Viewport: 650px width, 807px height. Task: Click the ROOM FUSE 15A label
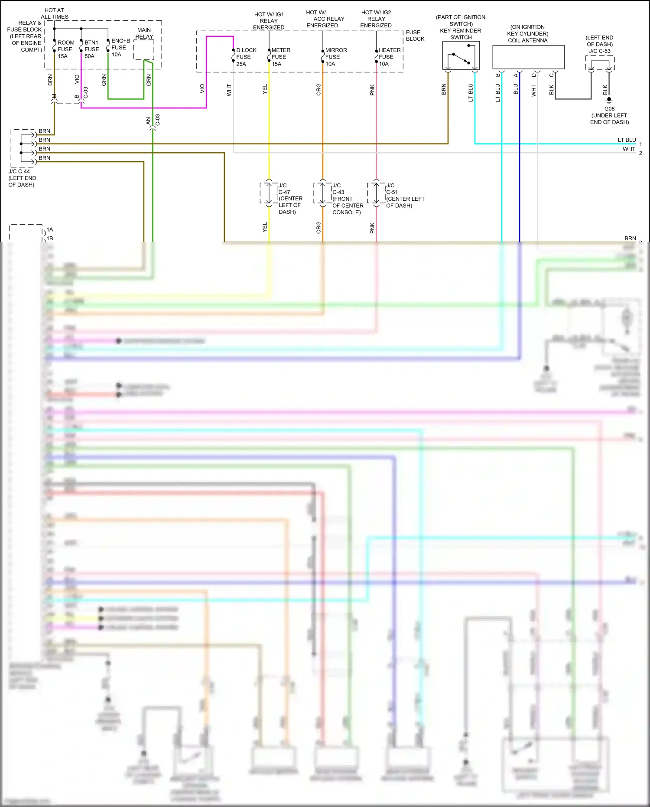coord(65,49)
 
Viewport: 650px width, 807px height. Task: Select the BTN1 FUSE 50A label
coord(91,49)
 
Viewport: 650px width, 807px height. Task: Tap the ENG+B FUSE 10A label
coord(120,48)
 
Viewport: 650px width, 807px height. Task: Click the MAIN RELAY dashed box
coord(143,50)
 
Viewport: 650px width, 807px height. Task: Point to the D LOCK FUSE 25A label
coord(246,57)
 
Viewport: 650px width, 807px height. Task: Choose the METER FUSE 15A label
coord(280,57)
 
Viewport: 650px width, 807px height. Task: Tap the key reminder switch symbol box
coord(461,55)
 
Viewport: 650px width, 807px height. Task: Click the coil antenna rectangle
coord(528,57)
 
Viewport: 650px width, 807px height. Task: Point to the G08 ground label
coord(609,109)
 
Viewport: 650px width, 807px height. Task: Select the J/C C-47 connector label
coord(289,199)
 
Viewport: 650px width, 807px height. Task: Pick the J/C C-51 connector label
coord(404,195)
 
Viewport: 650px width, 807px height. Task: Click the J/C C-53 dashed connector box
coord(600,63)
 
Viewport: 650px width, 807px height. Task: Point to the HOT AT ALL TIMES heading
coord(55,13)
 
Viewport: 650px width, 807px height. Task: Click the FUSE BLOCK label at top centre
coord(415,36)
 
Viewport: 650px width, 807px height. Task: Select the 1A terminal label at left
coord(50,229)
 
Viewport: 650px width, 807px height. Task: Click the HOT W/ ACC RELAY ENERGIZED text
coord(325,19)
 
